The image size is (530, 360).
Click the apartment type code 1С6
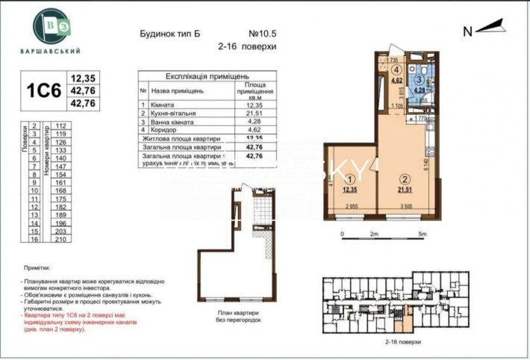[43, 90]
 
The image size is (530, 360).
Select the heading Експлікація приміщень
[207, 76]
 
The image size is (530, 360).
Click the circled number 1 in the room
[349, 179]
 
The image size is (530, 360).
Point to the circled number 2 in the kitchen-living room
[404, 179]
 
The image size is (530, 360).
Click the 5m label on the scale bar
[423, 234]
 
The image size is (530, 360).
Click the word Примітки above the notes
[37, 267]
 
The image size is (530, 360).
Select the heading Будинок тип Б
[171, 34]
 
